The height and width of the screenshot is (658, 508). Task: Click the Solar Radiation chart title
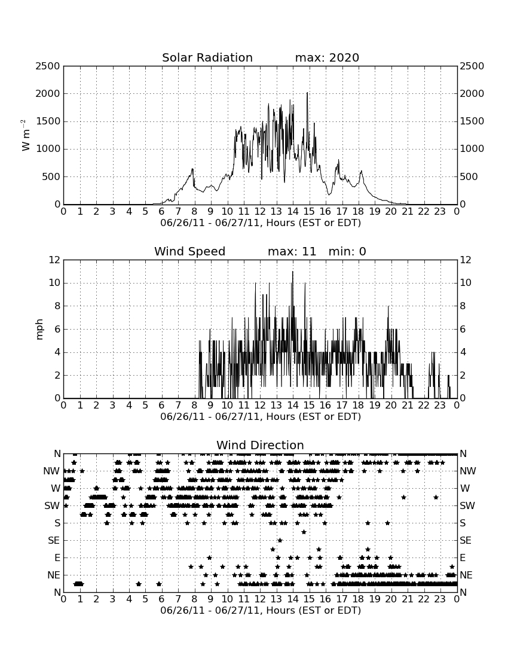coord(207,57)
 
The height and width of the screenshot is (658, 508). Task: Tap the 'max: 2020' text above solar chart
coord(327,57)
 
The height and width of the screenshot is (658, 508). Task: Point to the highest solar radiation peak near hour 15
coord(307,93)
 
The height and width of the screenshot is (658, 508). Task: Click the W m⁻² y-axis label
coord(26,135)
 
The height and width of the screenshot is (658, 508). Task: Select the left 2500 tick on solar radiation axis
coord(48,66)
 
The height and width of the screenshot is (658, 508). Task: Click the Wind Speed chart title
coord(190,251)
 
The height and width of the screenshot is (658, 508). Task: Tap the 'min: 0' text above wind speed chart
coord(347,251)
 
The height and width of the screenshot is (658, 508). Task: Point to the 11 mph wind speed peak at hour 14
coord(293,272)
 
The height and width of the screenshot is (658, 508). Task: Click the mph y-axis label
coord(39,329)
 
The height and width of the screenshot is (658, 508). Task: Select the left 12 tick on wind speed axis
coord(55,260)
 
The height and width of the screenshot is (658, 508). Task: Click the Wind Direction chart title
coord(260,445)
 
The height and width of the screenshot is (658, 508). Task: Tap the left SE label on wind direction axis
coord(54,541)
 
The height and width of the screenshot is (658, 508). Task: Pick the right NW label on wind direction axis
coord(468,471)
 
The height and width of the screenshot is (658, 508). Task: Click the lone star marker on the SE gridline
coord(280,541)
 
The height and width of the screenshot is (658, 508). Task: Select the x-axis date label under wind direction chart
coord(261,610)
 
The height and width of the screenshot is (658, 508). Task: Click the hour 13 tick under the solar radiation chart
coord(276,211)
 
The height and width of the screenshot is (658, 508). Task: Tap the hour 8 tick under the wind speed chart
coord(194,405)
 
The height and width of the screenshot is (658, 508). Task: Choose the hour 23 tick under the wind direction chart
coord(440,599)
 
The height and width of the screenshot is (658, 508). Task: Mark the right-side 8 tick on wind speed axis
coord(463,306)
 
